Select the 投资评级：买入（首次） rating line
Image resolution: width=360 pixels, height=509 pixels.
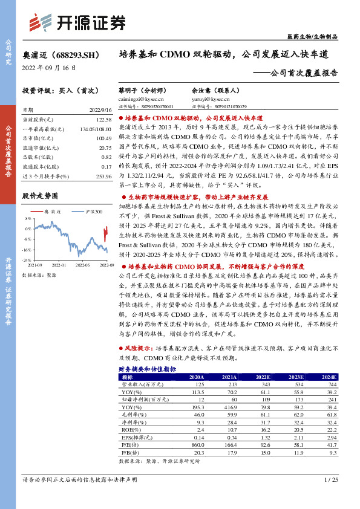tap(56, 90)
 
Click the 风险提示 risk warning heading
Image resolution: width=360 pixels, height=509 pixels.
tap(137, 349)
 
